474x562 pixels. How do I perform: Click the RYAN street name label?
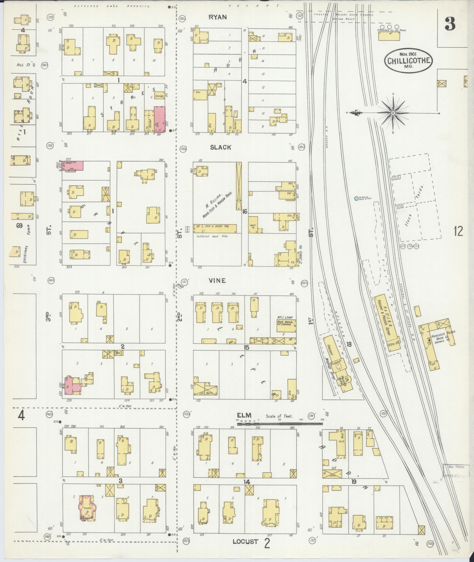coord(217,17)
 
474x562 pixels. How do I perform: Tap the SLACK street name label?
coord(220,147)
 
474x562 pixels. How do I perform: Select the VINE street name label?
coord(217,281)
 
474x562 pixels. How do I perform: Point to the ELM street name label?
coord(244,415)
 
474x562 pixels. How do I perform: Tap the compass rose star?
coord(393,113)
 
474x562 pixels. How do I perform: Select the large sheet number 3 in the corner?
coord(450,24)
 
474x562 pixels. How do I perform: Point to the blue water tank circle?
coord(356,198)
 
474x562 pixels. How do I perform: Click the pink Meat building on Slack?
coord(72,165)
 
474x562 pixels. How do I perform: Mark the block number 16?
coord(244,211)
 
